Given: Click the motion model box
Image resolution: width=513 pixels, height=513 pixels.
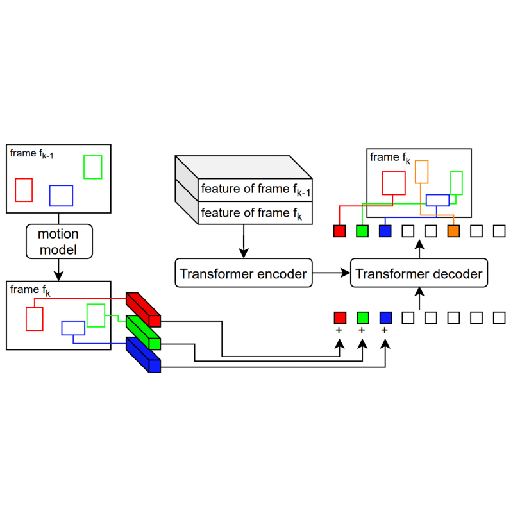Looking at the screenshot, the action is [59, 242].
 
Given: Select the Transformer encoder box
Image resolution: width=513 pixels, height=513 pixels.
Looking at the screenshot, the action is [244, 273].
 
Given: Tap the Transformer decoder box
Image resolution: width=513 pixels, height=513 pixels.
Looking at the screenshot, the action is [419, 273].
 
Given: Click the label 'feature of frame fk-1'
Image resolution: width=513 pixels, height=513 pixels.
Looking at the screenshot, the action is [255, 190].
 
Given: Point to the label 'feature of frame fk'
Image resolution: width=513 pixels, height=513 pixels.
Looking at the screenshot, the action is [251, 214].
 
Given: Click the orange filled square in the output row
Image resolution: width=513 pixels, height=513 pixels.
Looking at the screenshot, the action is [453, 231].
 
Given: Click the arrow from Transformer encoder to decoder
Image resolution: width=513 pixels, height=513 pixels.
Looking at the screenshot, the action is [332, 273].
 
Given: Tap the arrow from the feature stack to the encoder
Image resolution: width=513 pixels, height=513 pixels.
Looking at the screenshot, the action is [244, 241].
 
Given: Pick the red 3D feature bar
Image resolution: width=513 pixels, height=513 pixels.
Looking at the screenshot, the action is [143, 310].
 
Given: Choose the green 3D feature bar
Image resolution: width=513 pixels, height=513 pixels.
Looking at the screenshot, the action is [143, 332].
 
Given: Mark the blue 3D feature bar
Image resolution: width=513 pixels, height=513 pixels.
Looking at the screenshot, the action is [143, 355].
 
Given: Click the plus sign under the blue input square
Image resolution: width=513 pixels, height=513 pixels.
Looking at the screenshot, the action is [385, 330].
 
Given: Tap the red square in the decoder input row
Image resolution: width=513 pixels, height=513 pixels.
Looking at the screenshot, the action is [340, 317].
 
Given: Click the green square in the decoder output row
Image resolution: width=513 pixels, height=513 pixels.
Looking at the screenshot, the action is [362, 231].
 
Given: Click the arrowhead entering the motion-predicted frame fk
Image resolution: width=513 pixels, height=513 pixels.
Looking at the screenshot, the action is [58, 276].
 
